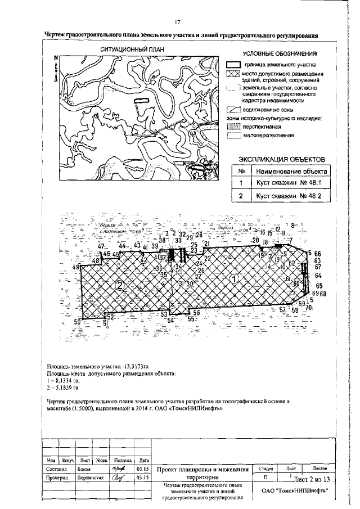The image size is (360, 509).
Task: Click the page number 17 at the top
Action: click(x=177, y=22)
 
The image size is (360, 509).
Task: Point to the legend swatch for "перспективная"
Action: click(x=233, y=128)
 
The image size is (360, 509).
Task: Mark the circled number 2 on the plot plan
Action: click(x=119, y=285)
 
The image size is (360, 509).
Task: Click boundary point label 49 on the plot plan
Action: click(x=76, y=267)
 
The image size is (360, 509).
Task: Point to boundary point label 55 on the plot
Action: click(x=192, y=319)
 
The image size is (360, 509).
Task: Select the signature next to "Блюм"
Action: click(x=118, y=467)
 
